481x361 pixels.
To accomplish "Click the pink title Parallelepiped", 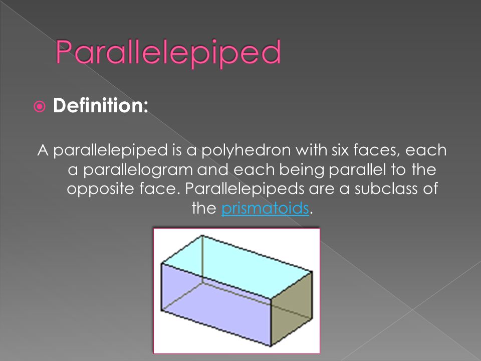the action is (x=168, y=53).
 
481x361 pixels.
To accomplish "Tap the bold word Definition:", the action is (x=101, y=105).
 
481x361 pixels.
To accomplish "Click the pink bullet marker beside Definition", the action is (x=40, y=106).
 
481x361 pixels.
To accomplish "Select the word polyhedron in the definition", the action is (x=246, y=150).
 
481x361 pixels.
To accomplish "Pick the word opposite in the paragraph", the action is (x=100, y=189).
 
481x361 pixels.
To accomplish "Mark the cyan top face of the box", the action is (x=237, y=266).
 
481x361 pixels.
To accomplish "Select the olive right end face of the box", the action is (x=292, y=308).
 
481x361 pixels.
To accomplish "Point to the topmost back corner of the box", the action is (x=202, y=236).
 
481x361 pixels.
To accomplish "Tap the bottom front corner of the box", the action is (x=271, y=345).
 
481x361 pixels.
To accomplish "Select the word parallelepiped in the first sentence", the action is (x=110, y=150).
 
